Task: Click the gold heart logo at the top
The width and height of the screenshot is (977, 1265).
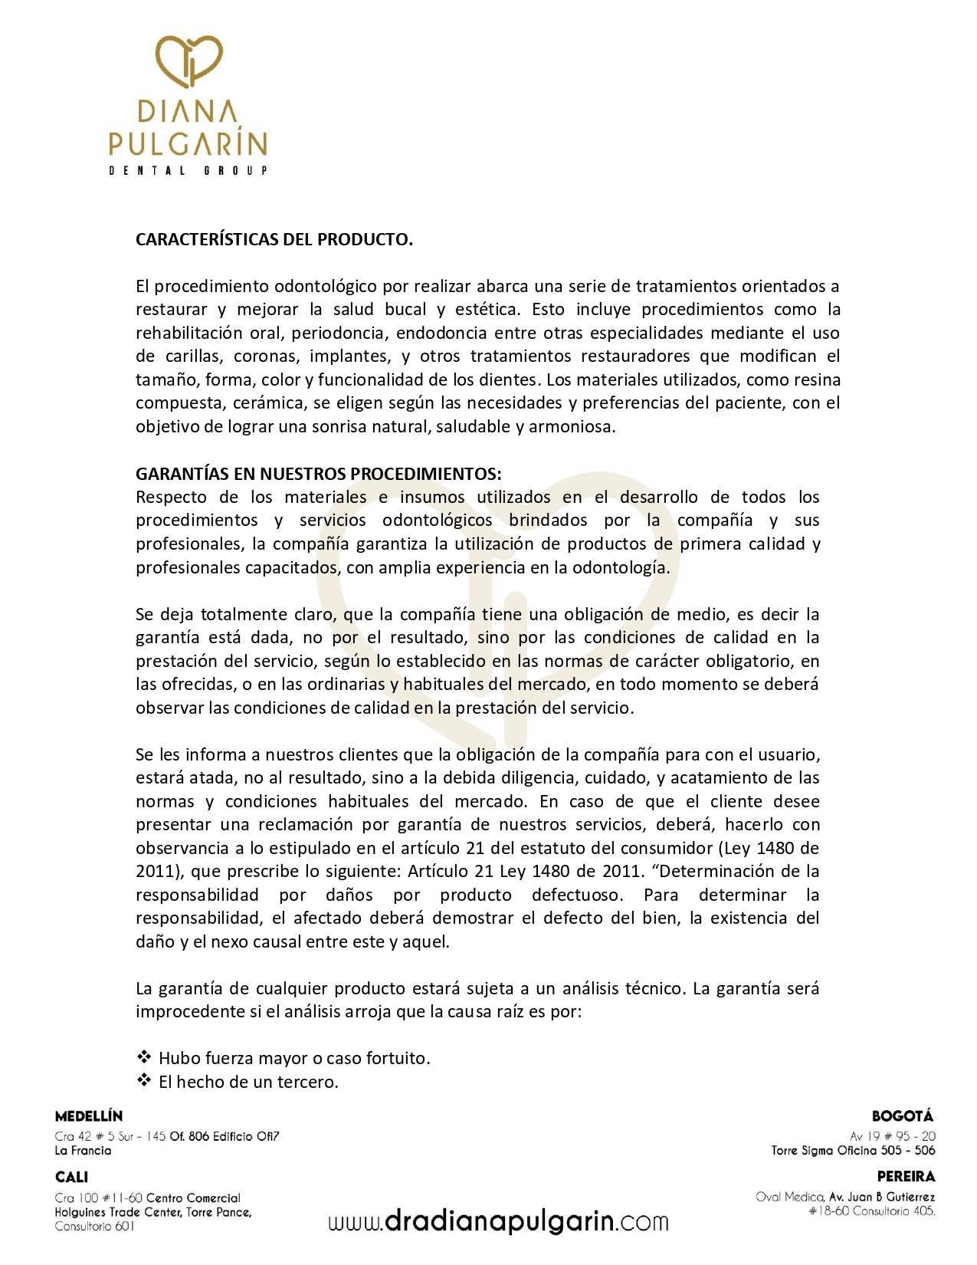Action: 189,60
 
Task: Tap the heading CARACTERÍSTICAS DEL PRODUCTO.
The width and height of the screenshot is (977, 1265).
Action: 274,239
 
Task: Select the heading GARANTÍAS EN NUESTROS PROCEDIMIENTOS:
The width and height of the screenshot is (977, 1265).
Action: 318,474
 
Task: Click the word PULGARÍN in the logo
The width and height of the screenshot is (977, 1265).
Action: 188,143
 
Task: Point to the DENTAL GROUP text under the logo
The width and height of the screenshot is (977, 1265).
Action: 188,170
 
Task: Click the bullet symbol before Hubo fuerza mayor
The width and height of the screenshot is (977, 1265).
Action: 144,1057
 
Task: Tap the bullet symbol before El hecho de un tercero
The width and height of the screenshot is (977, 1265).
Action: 144,1081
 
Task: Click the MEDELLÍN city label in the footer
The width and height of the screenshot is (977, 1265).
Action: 89,1116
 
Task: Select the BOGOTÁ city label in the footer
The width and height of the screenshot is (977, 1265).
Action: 903,1116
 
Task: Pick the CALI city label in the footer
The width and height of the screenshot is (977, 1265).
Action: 71,1177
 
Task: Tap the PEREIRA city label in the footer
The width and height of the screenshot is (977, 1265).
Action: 906,1176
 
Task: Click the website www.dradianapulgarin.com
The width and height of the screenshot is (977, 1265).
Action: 498,1221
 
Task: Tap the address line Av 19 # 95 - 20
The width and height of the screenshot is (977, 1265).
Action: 892,1136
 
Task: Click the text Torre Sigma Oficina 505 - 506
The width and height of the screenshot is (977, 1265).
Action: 853,1150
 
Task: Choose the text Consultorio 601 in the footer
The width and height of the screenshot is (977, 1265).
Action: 94,1227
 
